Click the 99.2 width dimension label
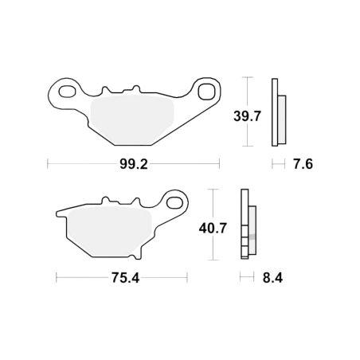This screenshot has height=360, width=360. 133,164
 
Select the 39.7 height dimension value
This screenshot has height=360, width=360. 247,116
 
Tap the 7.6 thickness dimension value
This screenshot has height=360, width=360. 303,164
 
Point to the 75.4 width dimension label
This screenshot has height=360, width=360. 125,278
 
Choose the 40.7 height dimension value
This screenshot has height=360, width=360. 213,228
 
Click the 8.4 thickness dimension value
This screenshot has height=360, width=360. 272,278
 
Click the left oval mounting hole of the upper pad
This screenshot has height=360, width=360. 67,92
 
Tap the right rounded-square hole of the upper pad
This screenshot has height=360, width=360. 206,92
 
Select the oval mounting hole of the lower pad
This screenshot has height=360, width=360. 174,202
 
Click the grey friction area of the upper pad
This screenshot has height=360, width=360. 132,120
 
